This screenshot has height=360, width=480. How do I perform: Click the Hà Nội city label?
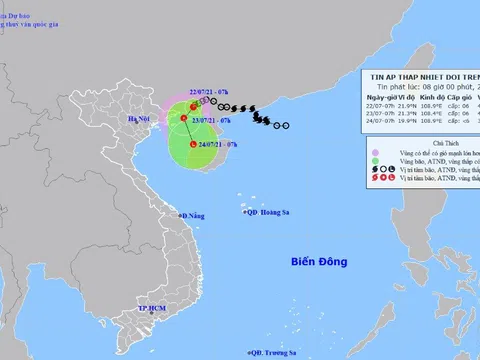(133, 117)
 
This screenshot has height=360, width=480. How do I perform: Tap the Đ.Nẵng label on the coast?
(192, 215)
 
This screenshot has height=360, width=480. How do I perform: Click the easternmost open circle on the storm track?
(288, 125)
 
